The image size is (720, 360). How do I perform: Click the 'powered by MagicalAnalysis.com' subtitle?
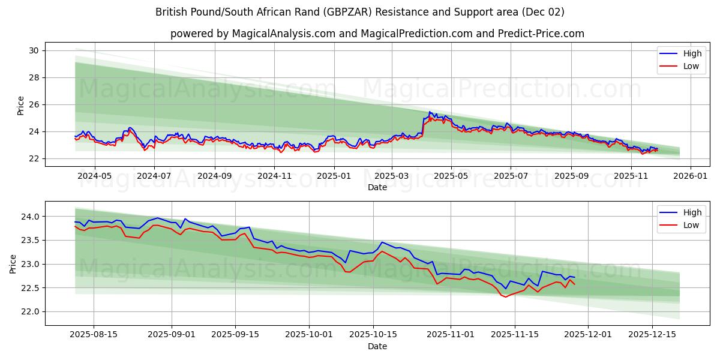tap(377, 34)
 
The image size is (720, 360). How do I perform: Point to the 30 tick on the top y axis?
tap(34, 50)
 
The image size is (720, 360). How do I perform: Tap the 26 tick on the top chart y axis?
tap(34, 104)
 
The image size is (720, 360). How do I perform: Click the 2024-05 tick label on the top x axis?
tap(94, 176)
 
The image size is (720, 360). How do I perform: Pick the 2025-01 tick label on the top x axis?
tap(334, 176)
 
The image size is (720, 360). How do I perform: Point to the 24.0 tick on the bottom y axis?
tap(31, 216)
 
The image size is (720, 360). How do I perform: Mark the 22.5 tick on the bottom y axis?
tap(31, 288)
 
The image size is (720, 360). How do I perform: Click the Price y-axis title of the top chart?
tap(20, 105)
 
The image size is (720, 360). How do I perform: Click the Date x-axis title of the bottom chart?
tap(377, 346)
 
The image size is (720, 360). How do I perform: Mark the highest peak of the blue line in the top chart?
tap(430, 112)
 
